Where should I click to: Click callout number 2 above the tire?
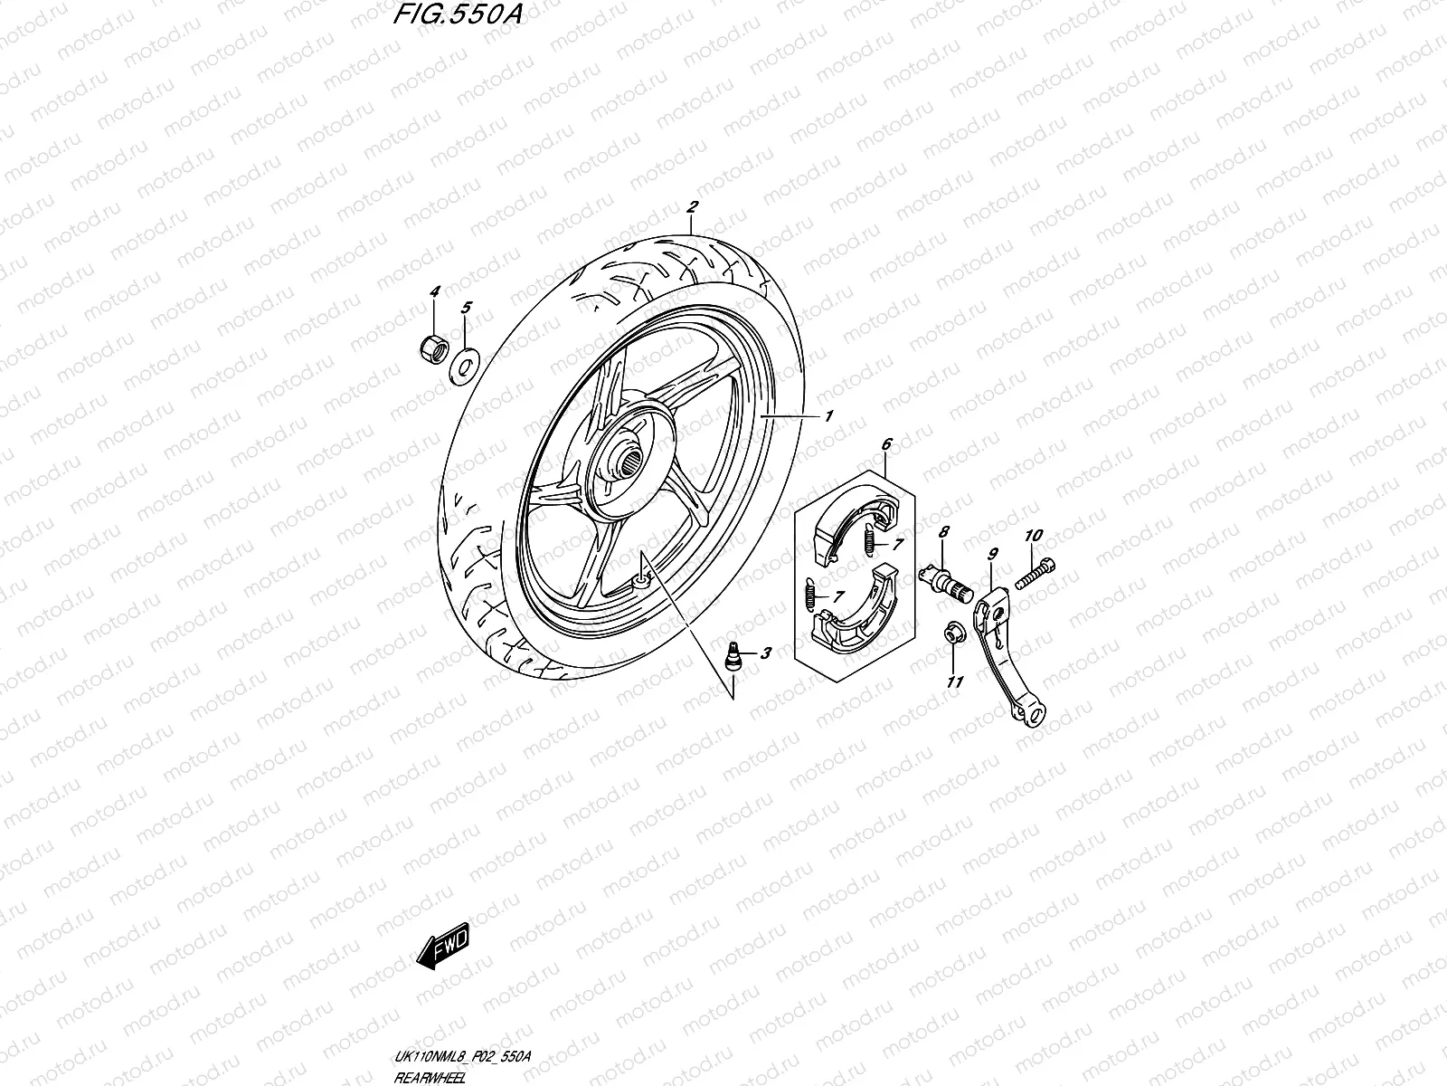coord(692,207)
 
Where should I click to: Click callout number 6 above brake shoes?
coord(885,444)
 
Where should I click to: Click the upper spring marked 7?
coord(870,542)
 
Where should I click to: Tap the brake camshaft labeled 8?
coord(946,579)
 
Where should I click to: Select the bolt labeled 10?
coord(1036,573)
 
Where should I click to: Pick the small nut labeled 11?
coord(953,633)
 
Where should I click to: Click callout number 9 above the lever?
coord(992,552)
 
